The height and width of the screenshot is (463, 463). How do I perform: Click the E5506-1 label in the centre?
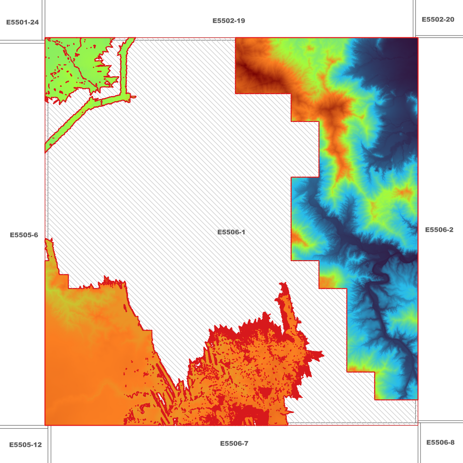point(231,232)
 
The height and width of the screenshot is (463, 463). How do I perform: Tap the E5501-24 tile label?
point(22,22)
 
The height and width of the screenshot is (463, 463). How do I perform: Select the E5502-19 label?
point(229,21)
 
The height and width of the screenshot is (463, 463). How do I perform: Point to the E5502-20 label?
point(438,20)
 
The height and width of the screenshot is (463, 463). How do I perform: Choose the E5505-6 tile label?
point(24,235)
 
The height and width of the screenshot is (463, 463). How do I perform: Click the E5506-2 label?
point(439,230)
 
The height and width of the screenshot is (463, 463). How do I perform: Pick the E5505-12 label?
point(25,445)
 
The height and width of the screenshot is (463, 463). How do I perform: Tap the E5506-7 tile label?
point(234,443)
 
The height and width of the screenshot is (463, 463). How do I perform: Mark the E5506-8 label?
point(440,442)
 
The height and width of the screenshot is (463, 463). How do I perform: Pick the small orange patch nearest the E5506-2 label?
point(404,192)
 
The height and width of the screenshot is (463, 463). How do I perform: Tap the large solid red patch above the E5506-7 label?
point(253,417)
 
